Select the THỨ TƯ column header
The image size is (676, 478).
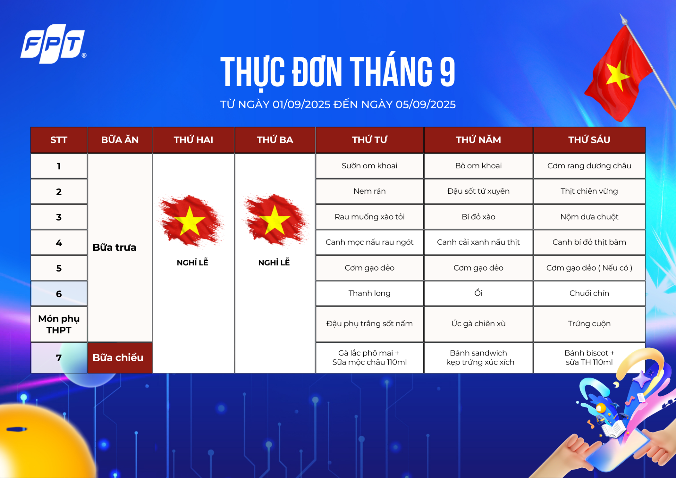[369, 140]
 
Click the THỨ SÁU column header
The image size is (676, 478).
[589, 140]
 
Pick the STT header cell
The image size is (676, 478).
[59, 140]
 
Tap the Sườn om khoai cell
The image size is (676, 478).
[369, 166]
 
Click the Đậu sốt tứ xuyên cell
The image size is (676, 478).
[478, 191]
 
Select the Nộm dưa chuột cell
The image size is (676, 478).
[589, 217]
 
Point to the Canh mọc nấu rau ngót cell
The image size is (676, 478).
[369, 242]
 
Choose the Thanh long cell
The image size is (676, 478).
[369, 293]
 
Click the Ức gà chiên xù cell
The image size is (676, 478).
[478, 324]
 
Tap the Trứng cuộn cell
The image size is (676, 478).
[589, 324]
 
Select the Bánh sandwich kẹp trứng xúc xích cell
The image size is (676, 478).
[478, 358]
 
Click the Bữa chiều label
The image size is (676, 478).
[118, 358]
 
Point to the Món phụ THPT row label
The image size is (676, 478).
[59, 324]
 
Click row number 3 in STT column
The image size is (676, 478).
[59, 217]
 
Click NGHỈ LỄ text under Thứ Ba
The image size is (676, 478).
[274, 262]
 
